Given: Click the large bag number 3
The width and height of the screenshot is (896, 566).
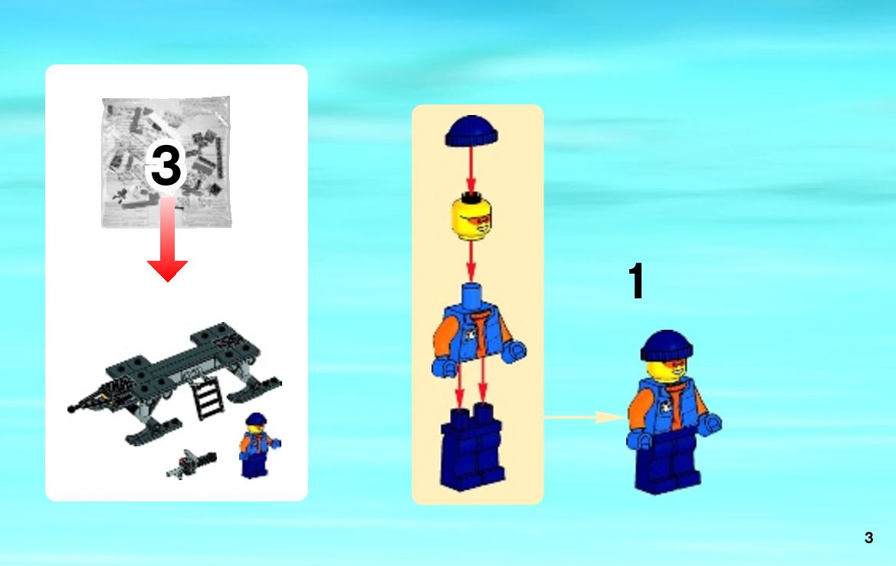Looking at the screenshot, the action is click(x=166, y=165).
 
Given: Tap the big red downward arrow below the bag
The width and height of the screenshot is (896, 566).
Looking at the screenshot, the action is click(x=167, y=240).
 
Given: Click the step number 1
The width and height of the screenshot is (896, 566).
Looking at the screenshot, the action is click(x=637, y=281).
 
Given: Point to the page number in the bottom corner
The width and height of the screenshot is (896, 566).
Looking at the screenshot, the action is click(x=868, y=538).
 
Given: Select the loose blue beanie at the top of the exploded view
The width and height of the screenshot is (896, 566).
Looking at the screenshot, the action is click(x=471, y=131).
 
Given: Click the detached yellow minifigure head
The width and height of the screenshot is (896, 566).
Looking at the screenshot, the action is click(x=471, y=216).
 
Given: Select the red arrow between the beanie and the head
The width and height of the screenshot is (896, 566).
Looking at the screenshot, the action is click(x=471, y=169).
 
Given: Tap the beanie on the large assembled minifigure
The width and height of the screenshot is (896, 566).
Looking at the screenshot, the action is click(x=666, y=345).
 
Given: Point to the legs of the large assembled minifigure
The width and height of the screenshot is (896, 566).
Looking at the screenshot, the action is click(x=668, y=460).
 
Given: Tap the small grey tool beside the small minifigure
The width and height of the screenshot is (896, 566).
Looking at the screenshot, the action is click(x=192, y=464).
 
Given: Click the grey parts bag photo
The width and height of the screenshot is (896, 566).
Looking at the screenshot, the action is click(x=166, y=163).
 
